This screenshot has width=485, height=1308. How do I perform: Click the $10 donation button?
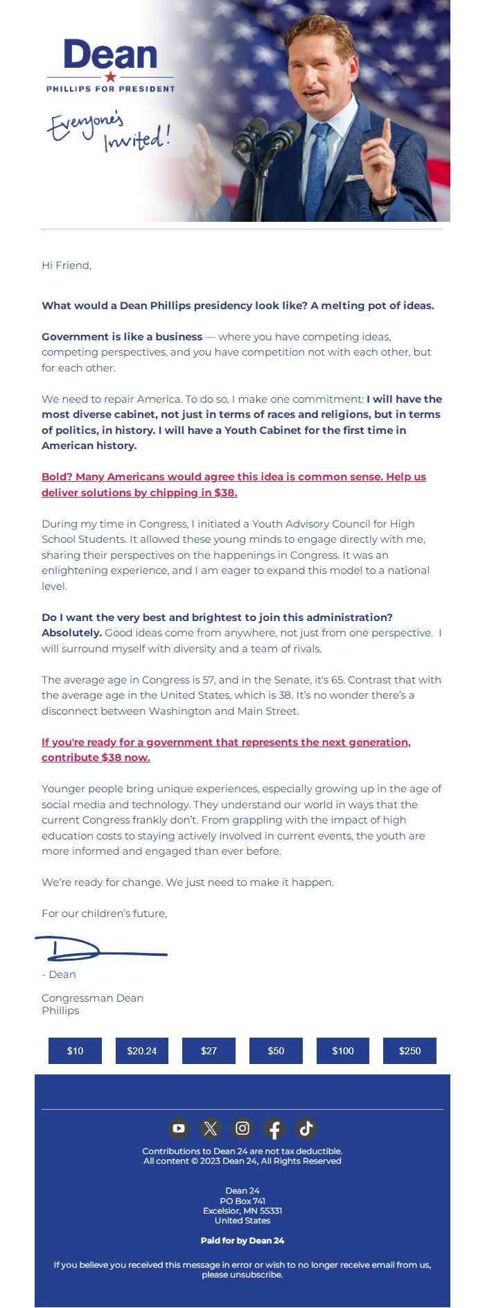(x=75, y=1051)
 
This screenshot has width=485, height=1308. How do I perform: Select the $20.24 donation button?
(x=142, y=1051)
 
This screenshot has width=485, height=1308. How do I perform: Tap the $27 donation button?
(x=209, y=1051)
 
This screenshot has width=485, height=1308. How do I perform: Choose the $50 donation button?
(x=276, y=1051)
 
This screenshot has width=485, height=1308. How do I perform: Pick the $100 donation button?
(x=343, y=1051)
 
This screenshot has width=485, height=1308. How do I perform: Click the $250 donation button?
(x=409, y=1051)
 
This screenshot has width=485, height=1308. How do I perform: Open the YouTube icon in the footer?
(x=179, y=1128)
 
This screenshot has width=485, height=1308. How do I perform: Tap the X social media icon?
(x=211, y=1128)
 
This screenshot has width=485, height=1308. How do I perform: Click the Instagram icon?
(x=242, y=1128)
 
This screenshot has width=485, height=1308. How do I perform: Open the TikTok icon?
(x=306, y=1128)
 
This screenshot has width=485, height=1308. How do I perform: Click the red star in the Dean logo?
(x=110, y=77)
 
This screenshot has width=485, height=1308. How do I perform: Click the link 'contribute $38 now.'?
(x=96, y=758)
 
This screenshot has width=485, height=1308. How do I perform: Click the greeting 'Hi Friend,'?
(x=67, y=265)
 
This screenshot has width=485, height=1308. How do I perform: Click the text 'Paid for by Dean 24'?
(x=242, y=1241)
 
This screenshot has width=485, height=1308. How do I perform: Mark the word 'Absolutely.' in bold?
(x=71, y=633)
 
